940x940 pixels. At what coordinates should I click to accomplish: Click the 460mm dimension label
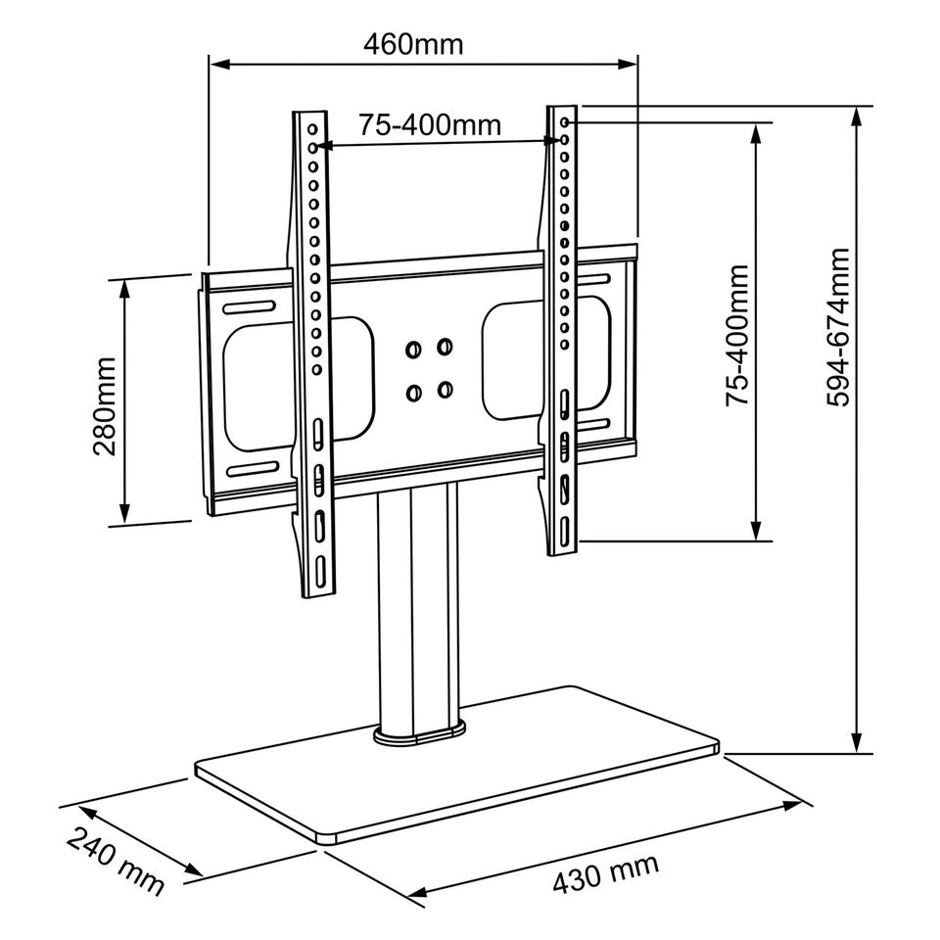click(x=413, y=45)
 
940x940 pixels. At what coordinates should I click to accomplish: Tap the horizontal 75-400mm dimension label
click(x=429, y=124)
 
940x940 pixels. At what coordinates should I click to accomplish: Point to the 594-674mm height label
click(x=838, y=326)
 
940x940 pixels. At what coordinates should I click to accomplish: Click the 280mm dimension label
click(x=105, y=405)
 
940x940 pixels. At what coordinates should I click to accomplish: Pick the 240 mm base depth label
click(x=116, y=861)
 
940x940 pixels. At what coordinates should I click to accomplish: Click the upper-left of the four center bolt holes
click(x=413, y=348)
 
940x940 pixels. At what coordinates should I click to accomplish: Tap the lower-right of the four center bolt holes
click(x=446, y=391)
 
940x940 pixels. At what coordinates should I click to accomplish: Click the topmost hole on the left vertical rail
click(x=313, y=128)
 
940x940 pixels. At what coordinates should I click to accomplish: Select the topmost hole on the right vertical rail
click(x=567, y=121)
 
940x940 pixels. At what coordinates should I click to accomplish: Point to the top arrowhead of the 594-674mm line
click(x=858, y=114)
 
